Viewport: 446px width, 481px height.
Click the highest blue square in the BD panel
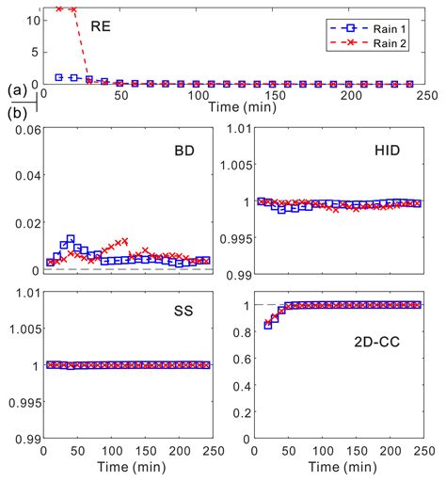point(71,239)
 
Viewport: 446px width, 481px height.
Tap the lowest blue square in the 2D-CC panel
point(267,326)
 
